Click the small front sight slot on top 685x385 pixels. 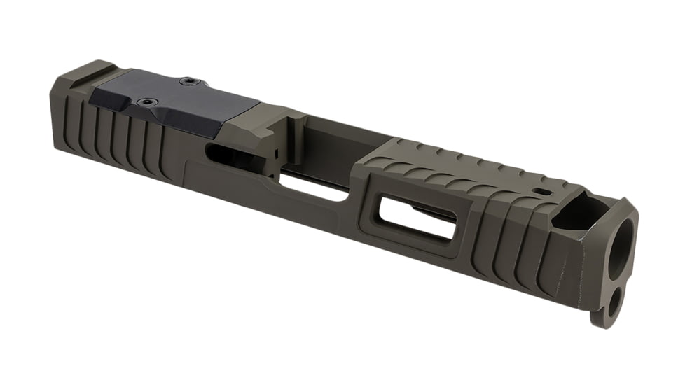pos(540,190)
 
